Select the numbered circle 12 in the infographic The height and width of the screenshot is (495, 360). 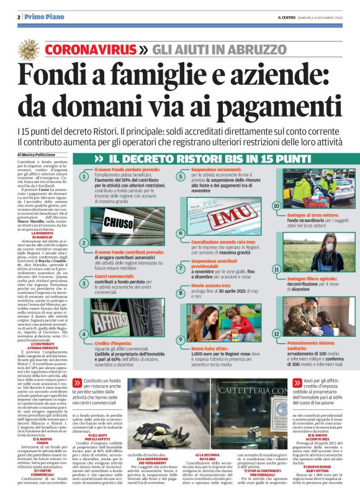tap(277, 334)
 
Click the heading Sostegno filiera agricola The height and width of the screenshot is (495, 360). tap(313, 280)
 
